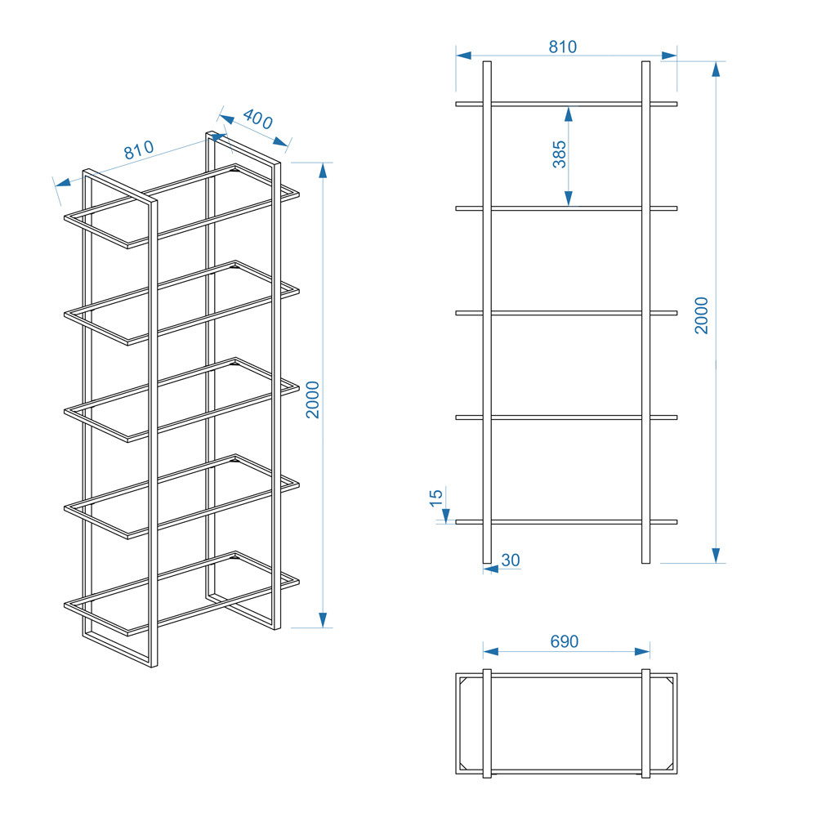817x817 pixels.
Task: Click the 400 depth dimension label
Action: click(257, 118)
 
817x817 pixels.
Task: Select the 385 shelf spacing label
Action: click(559, 154)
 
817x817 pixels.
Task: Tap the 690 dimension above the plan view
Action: click(565, 641)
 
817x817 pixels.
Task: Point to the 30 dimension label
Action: click(511, 560)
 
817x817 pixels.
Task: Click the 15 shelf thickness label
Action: click(436, 498)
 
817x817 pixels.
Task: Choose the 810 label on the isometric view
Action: click(139, 150)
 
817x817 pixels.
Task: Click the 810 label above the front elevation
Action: click(563, 47)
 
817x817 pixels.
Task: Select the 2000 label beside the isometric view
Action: click(313, 400)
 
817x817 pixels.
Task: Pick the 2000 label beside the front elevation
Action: click(702, 315)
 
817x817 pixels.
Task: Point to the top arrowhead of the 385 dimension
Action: click(569, 114)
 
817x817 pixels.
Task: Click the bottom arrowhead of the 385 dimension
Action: click(569, 199)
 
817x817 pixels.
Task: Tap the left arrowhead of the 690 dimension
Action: click(491, 651)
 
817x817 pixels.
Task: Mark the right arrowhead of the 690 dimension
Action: click(642, 651)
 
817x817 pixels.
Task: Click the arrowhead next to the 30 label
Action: click(491, 569)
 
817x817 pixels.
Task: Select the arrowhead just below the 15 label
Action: click(446, 516)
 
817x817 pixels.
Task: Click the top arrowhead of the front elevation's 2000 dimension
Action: click(716, 69)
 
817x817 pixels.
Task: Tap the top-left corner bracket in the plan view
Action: click(462, 681)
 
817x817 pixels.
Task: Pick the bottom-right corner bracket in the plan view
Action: click(670, 766)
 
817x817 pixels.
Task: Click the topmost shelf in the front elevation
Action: click(566, 105)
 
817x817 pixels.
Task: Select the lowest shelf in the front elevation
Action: click(566, 521)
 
